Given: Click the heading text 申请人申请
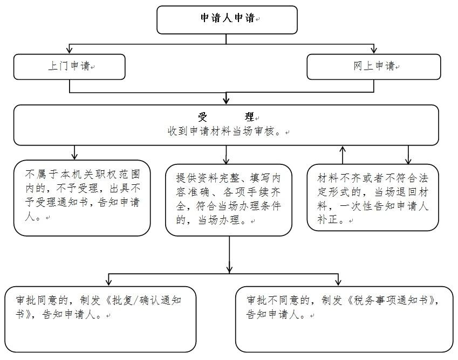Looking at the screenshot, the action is coord(228,18).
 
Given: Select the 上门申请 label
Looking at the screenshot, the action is coord(69,66).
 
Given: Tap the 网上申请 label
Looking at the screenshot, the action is coord(374,66).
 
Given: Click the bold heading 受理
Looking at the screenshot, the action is coord(226,117).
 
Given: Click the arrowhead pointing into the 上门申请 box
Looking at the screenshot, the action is coord(69,50).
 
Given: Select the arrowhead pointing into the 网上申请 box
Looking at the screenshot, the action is coord(374,50).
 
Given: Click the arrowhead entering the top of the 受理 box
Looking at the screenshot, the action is coord(226,101).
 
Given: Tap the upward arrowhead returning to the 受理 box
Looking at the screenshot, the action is coord(343,149).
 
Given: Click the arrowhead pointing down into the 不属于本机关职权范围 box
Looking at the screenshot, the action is coord(74,156).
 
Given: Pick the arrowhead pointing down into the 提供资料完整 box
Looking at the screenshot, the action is coord(227,160).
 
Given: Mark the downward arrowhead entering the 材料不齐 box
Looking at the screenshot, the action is coord(408,160).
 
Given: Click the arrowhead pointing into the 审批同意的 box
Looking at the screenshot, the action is coord(108,282).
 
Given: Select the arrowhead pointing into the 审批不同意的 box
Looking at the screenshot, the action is coord(338,282).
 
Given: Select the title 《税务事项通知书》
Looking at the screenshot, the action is coord(391,300).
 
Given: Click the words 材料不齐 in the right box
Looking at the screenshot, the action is coord(339,178).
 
